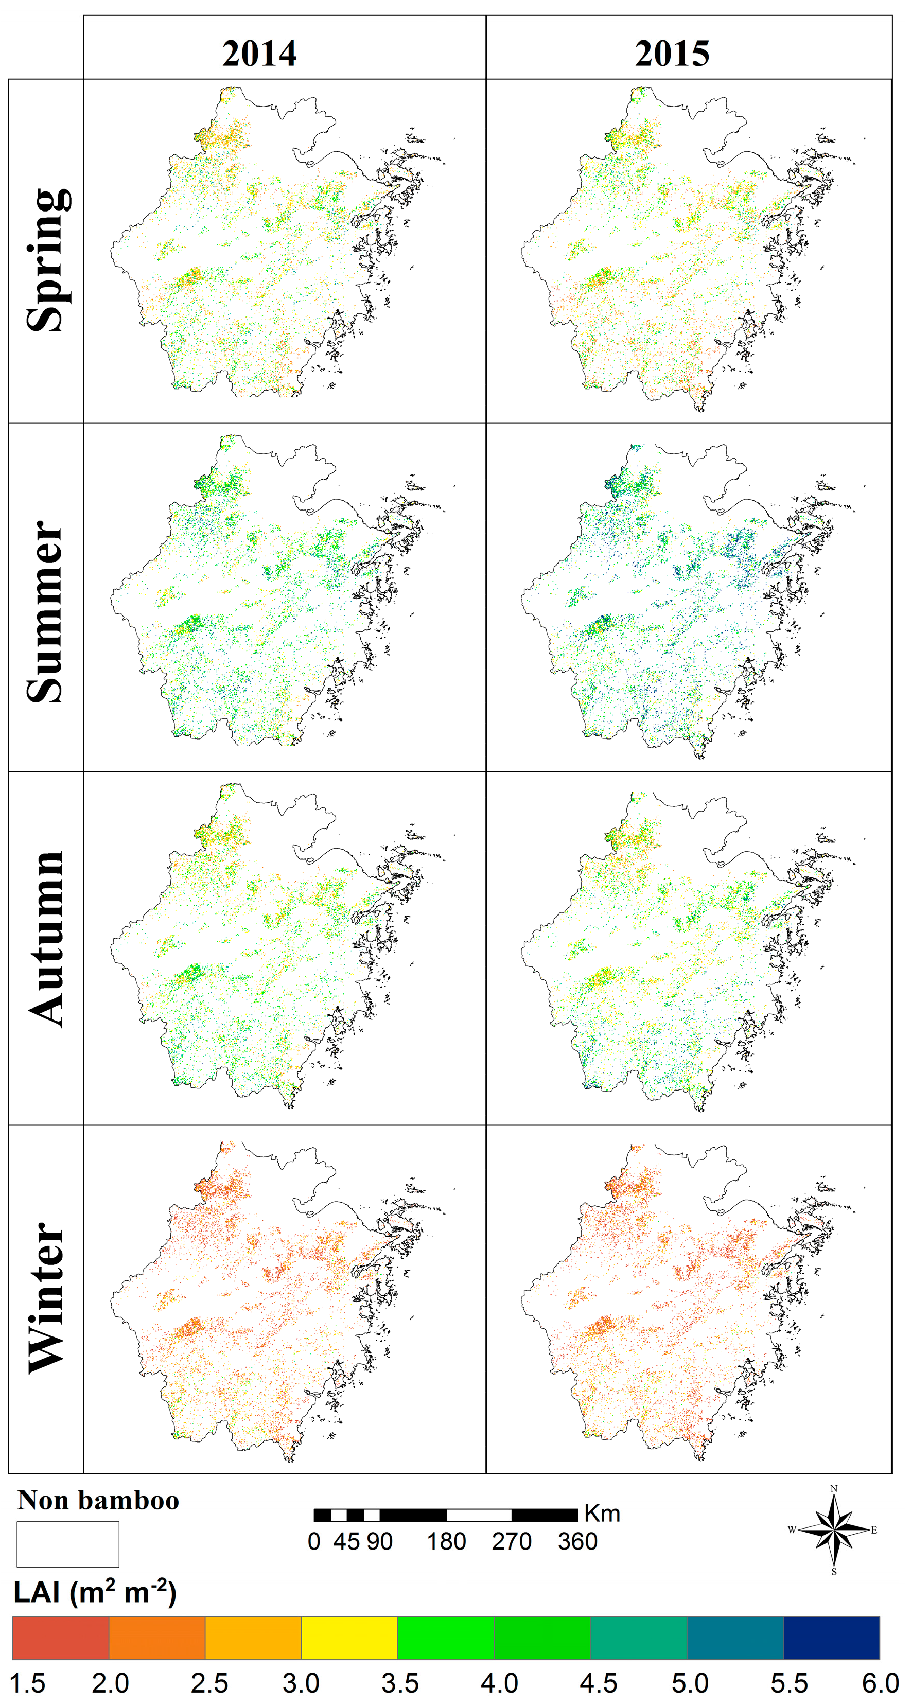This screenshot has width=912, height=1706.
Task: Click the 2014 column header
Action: (x=259, y=54)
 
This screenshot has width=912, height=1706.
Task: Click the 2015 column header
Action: (x=672, y=54)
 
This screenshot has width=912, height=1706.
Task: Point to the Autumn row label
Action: (x=46, y=939)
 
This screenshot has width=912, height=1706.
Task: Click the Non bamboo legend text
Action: (x=98, y=1500)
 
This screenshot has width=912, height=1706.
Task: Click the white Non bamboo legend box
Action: (x=67, y=1544)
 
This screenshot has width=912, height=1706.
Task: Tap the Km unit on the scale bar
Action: (x=601, y=1514)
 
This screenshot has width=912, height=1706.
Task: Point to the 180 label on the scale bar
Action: (x=446, y=1541)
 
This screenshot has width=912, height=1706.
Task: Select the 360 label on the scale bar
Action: (x=577, y=1541)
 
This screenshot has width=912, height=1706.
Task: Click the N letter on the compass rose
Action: (x=834, y=1488)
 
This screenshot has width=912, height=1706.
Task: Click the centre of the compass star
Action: (x=834, y=1530)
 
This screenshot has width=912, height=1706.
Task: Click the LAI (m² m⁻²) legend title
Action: (x=95, y=1593)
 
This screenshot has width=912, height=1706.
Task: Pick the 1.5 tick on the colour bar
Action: (x=27, y=1683)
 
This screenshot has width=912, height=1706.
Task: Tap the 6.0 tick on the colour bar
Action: (x=880, y=1683)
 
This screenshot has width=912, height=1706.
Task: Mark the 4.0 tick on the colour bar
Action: (x=499, y=1683)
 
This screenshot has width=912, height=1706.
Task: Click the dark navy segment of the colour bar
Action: (x=831, y=1638)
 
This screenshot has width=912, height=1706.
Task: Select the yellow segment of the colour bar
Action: (x=349, y=1638)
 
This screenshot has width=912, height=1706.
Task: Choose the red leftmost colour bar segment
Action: (x=60, y=1638)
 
